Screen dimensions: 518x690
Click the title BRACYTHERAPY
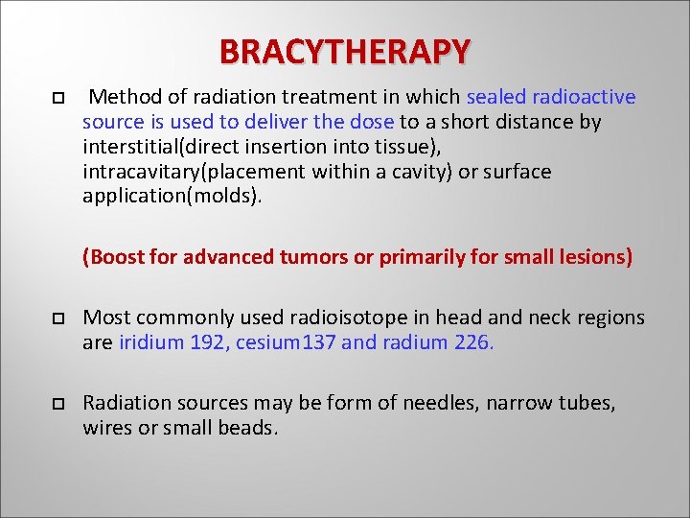[345, 50]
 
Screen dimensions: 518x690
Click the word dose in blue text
[373, 122]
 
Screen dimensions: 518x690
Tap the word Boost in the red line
[114, 257]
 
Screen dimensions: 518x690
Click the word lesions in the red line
[594, 257]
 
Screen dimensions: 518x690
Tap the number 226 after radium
[471, 342]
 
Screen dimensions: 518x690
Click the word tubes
[586, 403]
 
